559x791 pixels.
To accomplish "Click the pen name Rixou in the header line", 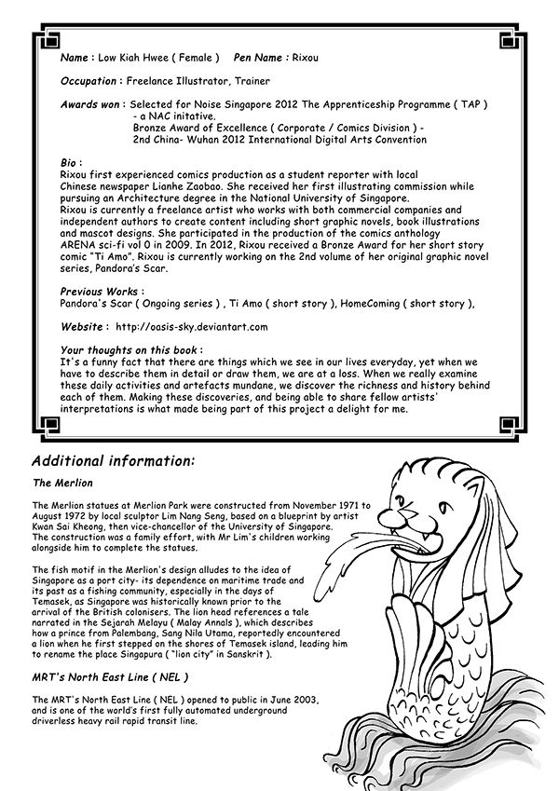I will [x=308, y=58].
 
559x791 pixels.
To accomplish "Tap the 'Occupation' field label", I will [x=89, y=81].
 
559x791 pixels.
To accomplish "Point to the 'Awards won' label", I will [x=92, y=105].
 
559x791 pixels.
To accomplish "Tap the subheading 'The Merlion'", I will [x=62, y=484].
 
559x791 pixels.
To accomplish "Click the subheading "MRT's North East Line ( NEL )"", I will [x=110, y=677].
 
